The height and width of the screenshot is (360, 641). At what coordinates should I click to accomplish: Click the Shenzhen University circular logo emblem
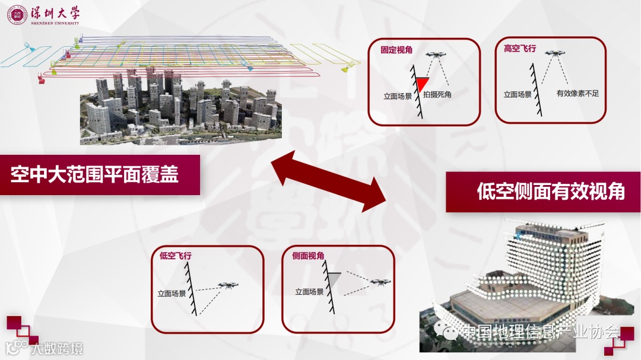[x=17, y=15]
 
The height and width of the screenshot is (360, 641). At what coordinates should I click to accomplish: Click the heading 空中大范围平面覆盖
[x=94, y=174]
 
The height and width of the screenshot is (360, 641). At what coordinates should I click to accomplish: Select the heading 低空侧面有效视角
[x=550, y=192]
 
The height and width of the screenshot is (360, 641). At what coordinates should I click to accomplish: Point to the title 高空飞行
[x=519, y=49]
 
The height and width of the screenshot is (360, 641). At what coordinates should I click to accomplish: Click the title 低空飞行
[x=175, y=256]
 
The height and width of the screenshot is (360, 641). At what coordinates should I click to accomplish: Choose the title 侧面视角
[x=308, y=256]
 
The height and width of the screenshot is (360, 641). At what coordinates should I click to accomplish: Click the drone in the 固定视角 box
[x=438, y=55]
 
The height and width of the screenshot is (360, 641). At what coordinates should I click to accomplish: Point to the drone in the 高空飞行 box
[x=556, y=53]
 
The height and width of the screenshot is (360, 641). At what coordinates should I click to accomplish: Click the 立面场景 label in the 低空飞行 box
[x=172, y=293]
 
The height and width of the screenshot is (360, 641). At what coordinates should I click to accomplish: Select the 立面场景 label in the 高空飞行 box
[x=518, y=94]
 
